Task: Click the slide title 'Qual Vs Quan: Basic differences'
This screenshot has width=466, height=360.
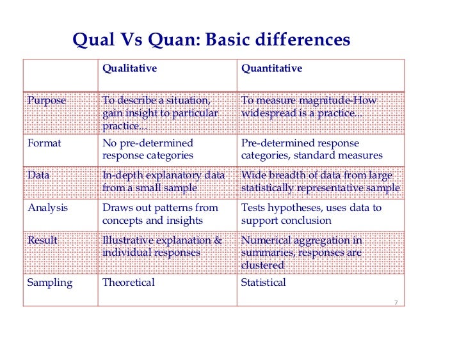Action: pos(211,40)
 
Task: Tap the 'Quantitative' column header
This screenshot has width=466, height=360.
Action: pos(271,68)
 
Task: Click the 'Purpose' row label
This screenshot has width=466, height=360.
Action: pos(46,101)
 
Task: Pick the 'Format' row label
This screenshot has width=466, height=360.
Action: pos(44,143)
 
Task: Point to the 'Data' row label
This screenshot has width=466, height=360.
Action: pos(38,175)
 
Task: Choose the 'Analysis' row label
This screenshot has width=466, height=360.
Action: pos(48,208)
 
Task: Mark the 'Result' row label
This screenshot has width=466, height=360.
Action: pos(42,240)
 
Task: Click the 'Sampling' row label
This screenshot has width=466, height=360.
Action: pos(50,283)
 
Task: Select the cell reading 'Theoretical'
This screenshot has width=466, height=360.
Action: pos(128,283)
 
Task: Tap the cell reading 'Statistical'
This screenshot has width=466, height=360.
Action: pos(263,283)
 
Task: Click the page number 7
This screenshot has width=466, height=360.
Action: pos(396,302)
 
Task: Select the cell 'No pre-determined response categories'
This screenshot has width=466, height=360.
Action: pos(147,149)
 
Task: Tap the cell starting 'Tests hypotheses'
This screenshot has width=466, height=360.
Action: pos(310,214)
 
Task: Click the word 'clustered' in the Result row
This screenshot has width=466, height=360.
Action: pos(262,265)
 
